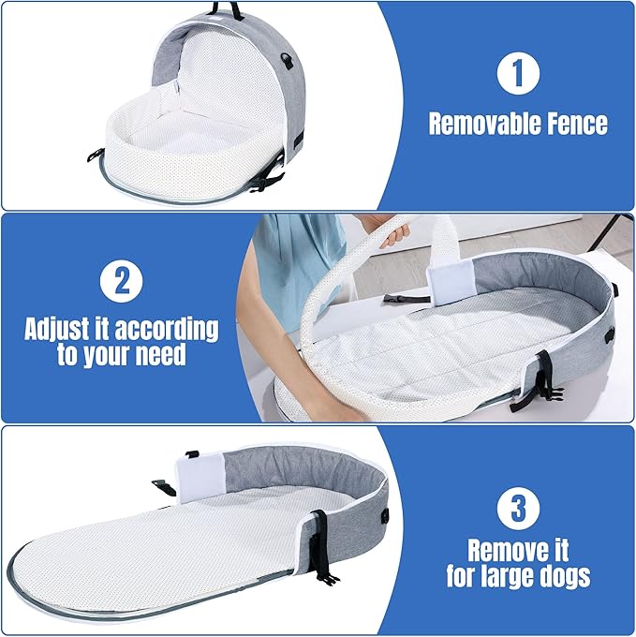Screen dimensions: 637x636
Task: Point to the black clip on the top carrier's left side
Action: click(x=94, y=156)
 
